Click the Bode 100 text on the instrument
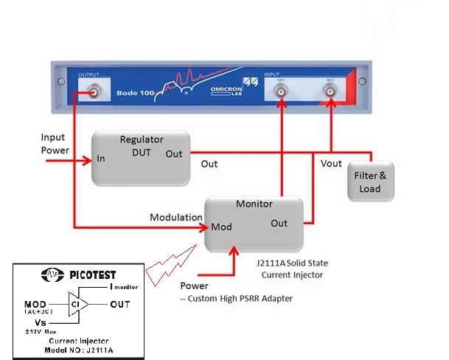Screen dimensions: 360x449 (x=134, y=94)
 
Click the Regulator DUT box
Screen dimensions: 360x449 (x=140, y=158)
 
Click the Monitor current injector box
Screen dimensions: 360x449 (x=254, y=221)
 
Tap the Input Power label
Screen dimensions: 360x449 (x=55, y=144)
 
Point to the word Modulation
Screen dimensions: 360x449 (x=176, y=218)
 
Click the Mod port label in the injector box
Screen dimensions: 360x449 (x=221, y=226)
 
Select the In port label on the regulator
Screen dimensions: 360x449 (x=101, y=158)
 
